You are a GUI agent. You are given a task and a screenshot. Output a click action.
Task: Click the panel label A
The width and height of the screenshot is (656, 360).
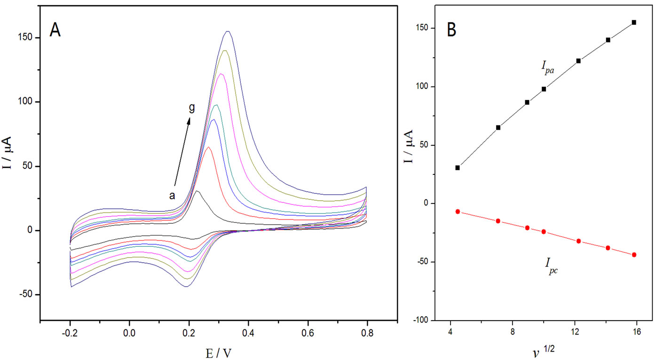click(x=55, y=31)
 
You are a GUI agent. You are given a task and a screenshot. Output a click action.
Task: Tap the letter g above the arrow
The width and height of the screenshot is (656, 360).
click(x=191, y=108)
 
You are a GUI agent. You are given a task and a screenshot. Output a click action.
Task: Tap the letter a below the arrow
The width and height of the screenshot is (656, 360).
click(x=172, y=196)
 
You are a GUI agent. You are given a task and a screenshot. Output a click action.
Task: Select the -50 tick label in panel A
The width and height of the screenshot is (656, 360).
click(x=27, y=295)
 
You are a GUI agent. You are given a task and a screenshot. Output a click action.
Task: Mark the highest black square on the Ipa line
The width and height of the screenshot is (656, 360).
click(x=634, y=22)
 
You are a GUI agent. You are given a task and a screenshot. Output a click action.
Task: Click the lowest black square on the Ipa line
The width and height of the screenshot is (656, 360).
click(x=458, y=167)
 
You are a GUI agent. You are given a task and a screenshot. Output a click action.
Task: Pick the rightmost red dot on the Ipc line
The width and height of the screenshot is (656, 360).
click(x=634, y=255)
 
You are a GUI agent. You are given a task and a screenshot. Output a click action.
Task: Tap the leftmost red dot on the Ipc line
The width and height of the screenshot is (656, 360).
click(x=458, y=211)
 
